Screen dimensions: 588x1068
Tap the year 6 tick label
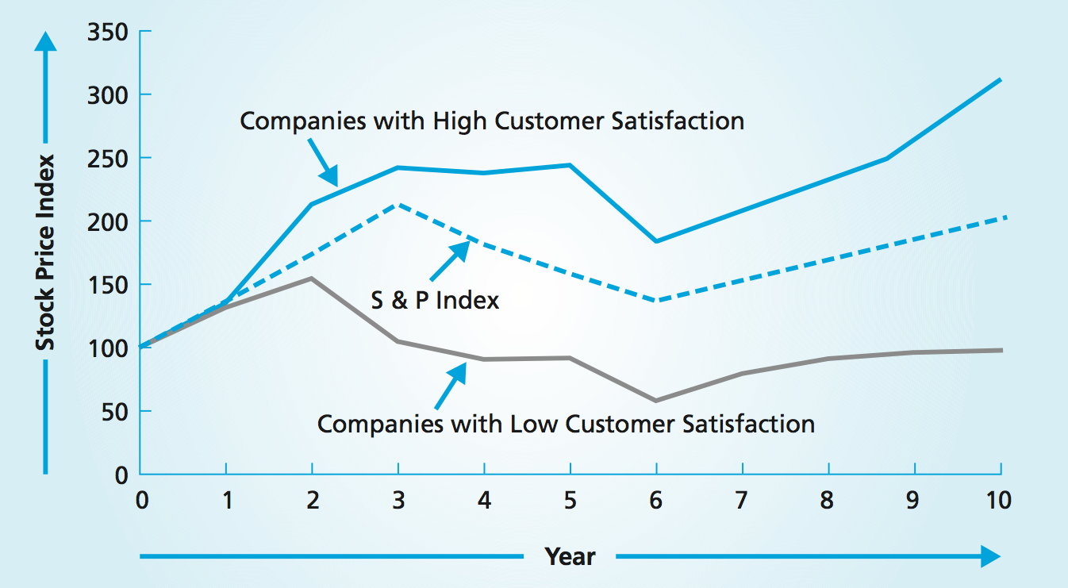(x=656, y=501)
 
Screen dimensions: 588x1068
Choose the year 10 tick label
(x=998, y=501)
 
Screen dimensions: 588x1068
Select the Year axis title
(x=570, y=556)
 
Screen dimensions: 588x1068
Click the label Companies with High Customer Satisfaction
(x=492, y=121)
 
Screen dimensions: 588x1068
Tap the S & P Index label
(x=436, y=301)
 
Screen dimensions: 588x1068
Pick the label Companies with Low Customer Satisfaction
(x=566, y=424)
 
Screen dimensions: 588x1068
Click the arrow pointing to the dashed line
(x=449, y=262)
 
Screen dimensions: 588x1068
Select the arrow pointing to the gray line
(x=450, y=383)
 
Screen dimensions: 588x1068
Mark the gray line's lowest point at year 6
(x=656, y=400)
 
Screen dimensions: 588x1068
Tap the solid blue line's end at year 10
(x=1000, y=80)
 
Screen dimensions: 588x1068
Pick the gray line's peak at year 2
(x=312, y=279)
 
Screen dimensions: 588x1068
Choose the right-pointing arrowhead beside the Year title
(x=990, y=556)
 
